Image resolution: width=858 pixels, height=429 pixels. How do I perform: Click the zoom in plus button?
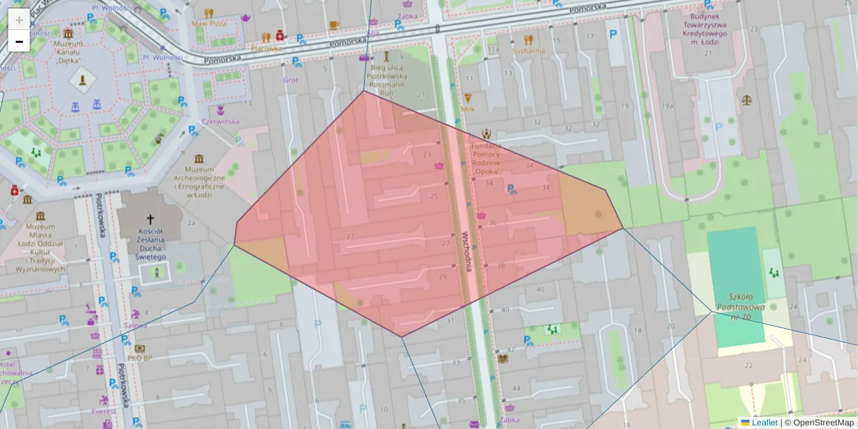click(19, 20)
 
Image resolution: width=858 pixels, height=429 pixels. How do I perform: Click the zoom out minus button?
click(19, 41)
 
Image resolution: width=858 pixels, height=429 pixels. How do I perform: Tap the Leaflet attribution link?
click(764, 423)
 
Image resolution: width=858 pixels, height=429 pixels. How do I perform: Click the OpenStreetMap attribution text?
click(823, 423)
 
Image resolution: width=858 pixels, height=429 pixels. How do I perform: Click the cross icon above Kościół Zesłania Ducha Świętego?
click(150, 220)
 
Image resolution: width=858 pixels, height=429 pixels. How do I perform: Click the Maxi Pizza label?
click(208, 24)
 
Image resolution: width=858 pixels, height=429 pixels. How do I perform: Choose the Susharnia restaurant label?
click(528, 51)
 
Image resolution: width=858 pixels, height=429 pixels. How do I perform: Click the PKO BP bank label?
click(140, 358)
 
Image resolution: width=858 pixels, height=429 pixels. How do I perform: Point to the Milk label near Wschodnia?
click(468, 109)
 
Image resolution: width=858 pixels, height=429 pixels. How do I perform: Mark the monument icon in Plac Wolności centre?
click(84, 79)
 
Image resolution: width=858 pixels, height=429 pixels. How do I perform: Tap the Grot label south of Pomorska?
click(290, 80)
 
